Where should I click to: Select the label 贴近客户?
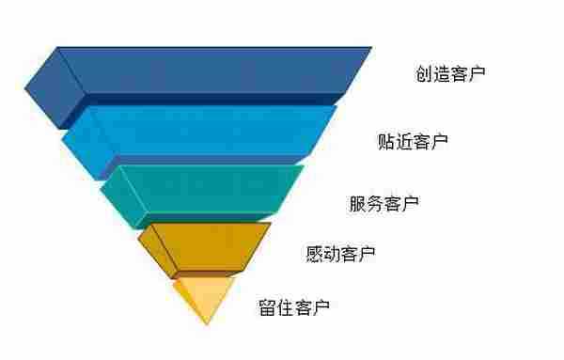point(412,142)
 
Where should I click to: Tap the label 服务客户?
point(384,202)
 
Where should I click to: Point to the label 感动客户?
point(340,254)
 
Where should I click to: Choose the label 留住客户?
point(294,306)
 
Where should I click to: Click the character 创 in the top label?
point(424,72)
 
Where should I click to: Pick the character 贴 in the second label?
point(385,142)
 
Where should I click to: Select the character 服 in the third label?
point(357,202)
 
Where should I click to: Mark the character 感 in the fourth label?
point(314,254)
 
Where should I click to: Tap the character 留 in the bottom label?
point(268,306)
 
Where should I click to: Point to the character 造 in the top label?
point(442,72)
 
